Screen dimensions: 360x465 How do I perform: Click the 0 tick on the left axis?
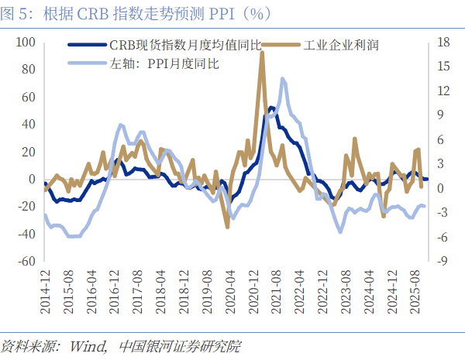(x=32, y=179)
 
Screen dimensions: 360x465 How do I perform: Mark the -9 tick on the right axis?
(x=441, y=261)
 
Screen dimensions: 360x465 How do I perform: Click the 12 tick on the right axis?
(x=442, y=90)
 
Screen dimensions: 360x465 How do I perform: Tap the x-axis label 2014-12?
(x=45, y=293)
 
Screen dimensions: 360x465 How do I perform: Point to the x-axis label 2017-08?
(x=137, y=293)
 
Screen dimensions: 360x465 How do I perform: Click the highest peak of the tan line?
(x=261, y=53)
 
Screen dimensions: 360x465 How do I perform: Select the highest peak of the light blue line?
(x=282, y=78)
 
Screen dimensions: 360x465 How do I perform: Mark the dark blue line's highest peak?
(x=271, y=108)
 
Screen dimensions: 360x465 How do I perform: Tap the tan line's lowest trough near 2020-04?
(x=227, y=227)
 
